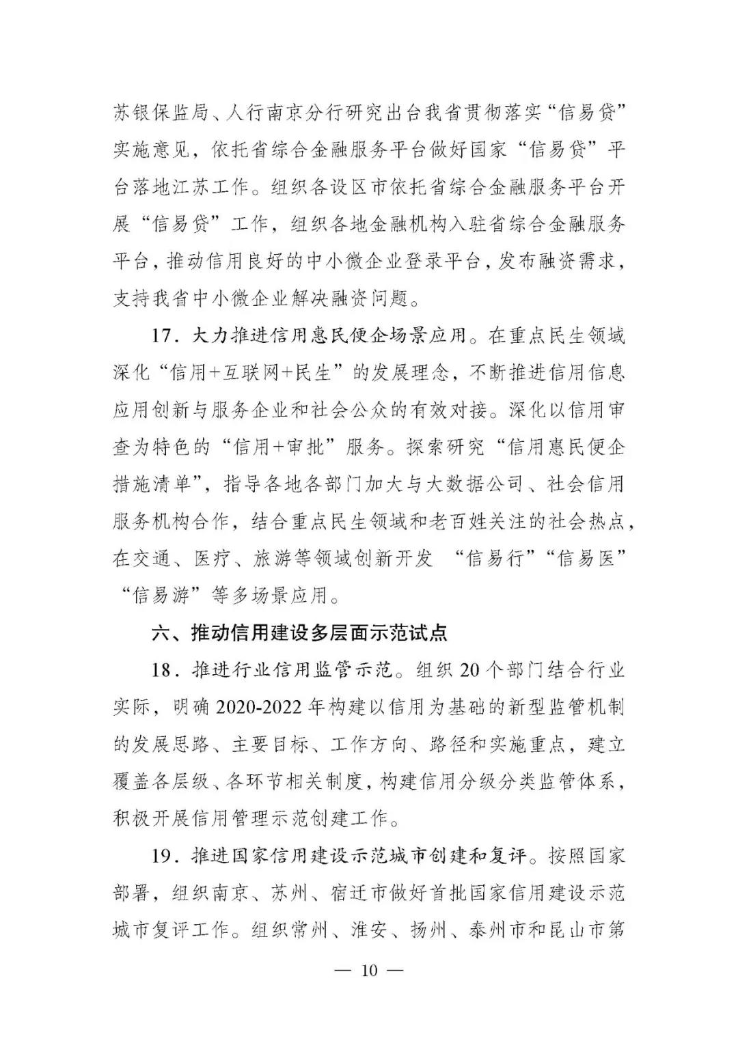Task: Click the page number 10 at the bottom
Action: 369,971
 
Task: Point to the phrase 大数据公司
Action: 465,485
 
